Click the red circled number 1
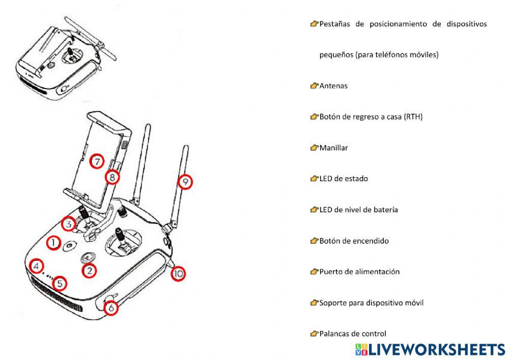click(x=53, y=243)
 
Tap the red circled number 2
click(x=89, y=271)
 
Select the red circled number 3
click(x=68, y=224)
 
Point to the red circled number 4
click(x=36, y=266)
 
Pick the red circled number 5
click(x=60, y=283)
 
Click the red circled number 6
click(x=111, y=308)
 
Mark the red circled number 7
click(x=96, y=162)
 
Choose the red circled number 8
click(x=112, y=177)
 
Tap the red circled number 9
click(x=185, y=181)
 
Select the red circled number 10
click(x=178, y=274)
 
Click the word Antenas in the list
click(x=333, y=86)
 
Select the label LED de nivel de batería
click(x=358, y=210)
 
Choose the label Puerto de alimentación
click(x=359, y=271)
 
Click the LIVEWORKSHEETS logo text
click(x=436, y=349)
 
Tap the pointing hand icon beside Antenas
click(x=314, y=86)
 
